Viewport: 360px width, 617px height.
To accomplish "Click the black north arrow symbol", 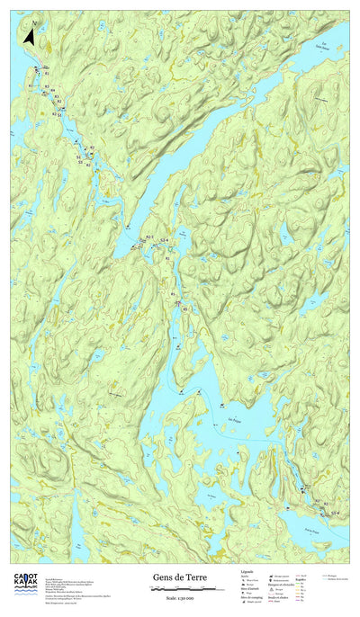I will tap(28, 37).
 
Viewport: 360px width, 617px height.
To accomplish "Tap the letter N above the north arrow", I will tap(31, 24).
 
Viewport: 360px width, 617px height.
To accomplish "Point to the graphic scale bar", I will tap(186, 589).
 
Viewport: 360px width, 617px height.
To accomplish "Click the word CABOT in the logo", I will tap(24, 577).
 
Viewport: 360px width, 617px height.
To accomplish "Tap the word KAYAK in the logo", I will tap(24, 585).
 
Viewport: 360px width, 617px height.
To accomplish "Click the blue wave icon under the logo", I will tap(24, 595).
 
